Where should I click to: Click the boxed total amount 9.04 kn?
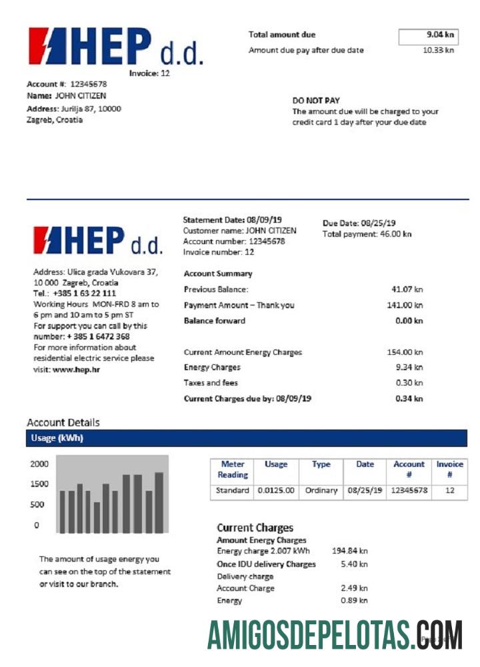(x=428, y=36)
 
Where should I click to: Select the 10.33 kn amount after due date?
(x=438, y=51)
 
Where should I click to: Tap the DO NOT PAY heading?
(x=316, y=101)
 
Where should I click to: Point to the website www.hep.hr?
(x=76, y=369)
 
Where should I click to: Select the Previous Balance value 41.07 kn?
(x=407, y=289)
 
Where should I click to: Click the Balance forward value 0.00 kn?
(x=409, y=321)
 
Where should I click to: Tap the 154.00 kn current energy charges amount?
(x=405, y=352)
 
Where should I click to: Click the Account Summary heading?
(x=217, y=273)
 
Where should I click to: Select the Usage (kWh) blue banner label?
(x=57, y=438)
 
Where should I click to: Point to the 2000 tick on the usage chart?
(x=39, y=464)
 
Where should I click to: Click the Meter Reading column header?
(x=233, y=470)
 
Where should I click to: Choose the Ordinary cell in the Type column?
(x=321, y=490)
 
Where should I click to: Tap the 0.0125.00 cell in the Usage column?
(x=276, y=490)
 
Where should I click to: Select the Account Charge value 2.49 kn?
(x=353, y=588)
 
